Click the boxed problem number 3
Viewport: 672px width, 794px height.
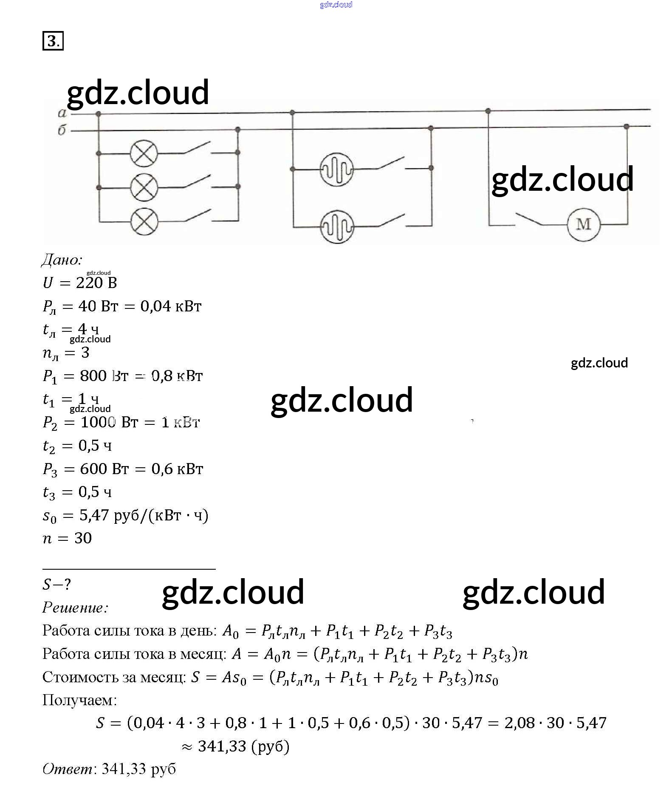tap(53, 41)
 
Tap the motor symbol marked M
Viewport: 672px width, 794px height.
tap(584, 224)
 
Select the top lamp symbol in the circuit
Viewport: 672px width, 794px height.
tap(144, 153)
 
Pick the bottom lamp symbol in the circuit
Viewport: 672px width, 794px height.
tap(144, 221)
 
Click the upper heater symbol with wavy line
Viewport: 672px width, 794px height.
tap(336, 169)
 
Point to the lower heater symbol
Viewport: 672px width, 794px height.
tap(336, 227)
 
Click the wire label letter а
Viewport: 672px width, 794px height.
tap(62, 113)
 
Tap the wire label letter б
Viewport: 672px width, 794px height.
tap(62, 130)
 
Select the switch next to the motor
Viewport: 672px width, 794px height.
tap(529, 219)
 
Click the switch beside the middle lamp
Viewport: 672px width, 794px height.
tap(197, 182)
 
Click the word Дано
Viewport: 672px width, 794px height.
tap(62, 260)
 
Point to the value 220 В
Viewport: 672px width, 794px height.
tap(96, 283)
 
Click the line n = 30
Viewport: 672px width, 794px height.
tap(67, 538)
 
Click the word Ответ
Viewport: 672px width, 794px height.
tap(68, 769)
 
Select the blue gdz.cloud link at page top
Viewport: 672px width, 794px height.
tap(336, 5)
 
